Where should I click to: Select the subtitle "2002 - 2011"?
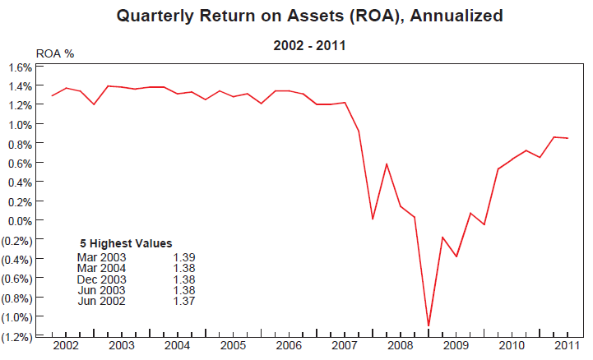(x=308, y=46)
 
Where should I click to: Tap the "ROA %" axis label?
(x=55, y=53)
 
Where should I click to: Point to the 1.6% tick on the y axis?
(x=21, y=67)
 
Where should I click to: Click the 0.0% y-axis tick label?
(x=21, y=220)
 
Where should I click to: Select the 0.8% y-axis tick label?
(x=21, y=144)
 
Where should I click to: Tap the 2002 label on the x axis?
(x=66, y=345)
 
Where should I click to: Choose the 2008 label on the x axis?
(x=401, y=345)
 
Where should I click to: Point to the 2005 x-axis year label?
(x=234, y=345)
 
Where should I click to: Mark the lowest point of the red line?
(x=429, y=325)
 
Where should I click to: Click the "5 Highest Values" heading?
(x=126, y=243)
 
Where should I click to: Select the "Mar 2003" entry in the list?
(x=101, y=258)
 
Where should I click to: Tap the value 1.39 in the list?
(x=183, y=258)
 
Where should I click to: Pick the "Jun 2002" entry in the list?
(x=101, y=300)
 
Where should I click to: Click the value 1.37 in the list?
(x=183, y=300)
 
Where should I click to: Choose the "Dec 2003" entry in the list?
(x=101, y=279)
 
